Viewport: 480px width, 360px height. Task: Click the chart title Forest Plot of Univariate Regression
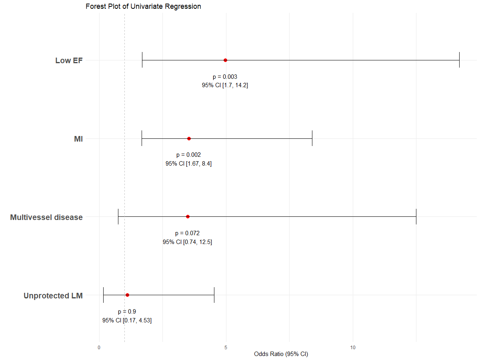(x=143, y=6)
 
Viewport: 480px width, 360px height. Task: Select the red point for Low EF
(x=225, y=60)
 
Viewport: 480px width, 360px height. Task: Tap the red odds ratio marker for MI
(x=189, y=138)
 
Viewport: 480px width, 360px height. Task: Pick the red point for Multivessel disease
(x=188, y=216)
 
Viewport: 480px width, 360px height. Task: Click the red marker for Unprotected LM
(x=127, y=295)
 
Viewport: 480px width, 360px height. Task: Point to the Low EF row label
(x=69, y=60)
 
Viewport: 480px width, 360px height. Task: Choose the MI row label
(x=78, y=139)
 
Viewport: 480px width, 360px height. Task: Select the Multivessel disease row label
(x=46, y=217)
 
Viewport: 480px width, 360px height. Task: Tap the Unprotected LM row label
(x=53, y=296)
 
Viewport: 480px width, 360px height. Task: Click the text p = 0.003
(x=225, y=76)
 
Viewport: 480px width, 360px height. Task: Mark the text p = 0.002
(x=188, y=155)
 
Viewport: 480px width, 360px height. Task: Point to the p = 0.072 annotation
(x=187, y=233)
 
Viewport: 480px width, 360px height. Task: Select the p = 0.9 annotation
(x=127, y=312)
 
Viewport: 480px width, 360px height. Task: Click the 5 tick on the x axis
(x=226, y=348)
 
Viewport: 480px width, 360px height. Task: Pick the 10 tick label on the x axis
(x=353, y=348)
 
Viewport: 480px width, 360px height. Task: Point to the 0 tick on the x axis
(x=99, y=348)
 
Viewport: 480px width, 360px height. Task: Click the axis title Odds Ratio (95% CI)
(x=281, y=354)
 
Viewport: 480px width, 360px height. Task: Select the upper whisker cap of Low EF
(x=459, y=60)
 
